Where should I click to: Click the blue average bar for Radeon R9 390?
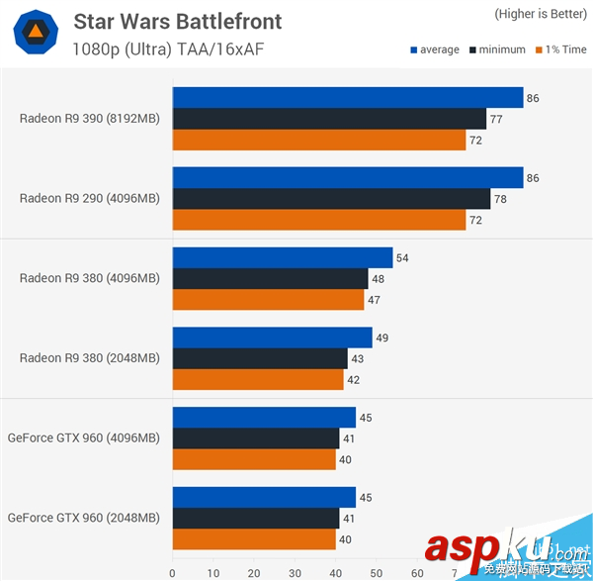pos(347,97)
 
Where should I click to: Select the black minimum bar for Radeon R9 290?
pos(331,199)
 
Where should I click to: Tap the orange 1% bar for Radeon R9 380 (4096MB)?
pos(268,300)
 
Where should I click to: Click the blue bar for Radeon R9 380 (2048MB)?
pos(272,338)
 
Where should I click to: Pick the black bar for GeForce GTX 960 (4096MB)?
pos(256,437)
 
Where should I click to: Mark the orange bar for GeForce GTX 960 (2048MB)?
pos(254,538)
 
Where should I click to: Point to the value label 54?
pos(402,258)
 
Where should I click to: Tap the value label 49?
pos(381,338)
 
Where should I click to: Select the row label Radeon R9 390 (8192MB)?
pos(89,118)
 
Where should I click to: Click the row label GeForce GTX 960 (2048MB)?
pos(83,518)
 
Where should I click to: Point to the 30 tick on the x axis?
pos(295,572)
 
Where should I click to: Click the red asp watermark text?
pos(464,547)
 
